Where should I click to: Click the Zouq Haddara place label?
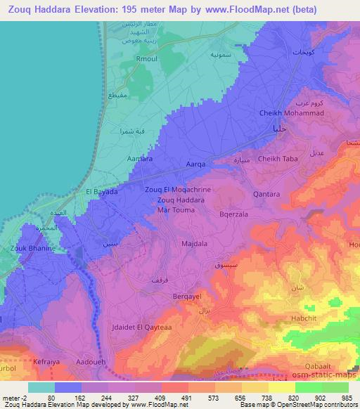178,200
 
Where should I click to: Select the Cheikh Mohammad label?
290,114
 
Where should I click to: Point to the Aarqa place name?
195,164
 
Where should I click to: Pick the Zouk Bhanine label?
27,248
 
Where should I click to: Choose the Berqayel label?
187,297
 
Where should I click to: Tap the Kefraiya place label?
48,362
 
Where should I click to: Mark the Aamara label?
139,160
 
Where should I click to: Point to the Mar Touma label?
176,210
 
